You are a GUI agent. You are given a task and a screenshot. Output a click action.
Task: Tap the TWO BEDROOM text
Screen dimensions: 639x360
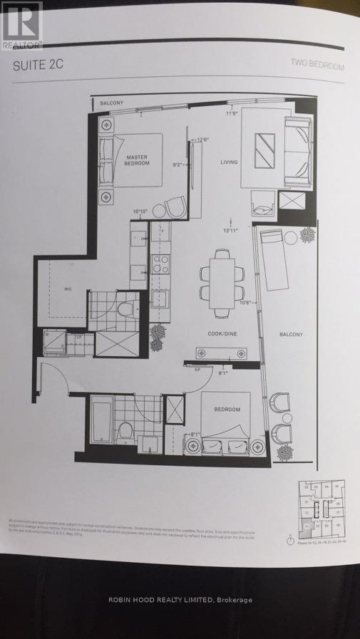pos(317,66)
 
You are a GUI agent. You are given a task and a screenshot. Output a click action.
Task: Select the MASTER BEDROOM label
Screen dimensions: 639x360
pos(138,160)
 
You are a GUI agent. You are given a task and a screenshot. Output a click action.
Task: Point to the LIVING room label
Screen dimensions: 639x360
pos(228,162)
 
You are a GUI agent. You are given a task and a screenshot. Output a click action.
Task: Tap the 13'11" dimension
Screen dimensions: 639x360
pos(230,230)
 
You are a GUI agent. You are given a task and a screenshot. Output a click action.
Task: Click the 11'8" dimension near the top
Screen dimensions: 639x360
pos(231,113)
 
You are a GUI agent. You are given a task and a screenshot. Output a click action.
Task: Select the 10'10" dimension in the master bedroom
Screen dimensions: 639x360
pos(141,212)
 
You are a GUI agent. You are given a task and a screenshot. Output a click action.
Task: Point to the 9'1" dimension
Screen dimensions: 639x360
pos(223,371)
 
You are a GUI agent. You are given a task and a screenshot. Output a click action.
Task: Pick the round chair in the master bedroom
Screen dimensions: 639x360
pos(174,208)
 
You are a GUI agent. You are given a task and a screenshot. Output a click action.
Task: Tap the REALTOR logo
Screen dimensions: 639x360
pos(22,24)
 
